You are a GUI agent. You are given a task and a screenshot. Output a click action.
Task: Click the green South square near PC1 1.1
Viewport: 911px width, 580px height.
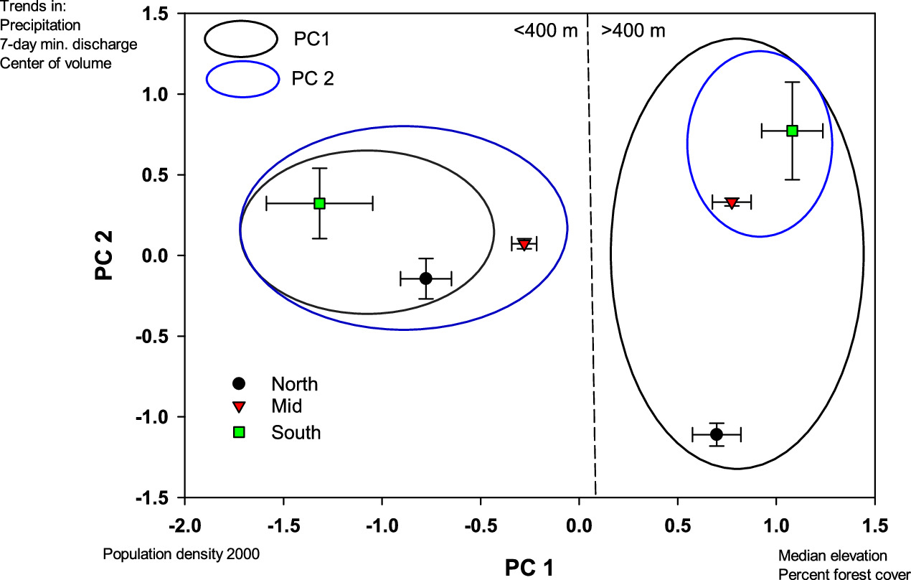coord(792,131)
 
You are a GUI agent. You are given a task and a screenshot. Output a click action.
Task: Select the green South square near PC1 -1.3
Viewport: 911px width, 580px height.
coord(319,203)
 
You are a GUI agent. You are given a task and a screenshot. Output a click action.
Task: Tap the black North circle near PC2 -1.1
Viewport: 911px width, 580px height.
coord(716,434)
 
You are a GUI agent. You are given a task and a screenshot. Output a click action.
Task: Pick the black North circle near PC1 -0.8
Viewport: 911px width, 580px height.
coord(425,278)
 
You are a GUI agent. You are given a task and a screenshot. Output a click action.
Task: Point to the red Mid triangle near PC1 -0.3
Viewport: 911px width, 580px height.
coord(524,243)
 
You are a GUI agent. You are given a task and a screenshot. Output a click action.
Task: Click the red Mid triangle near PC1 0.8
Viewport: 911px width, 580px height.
coord(731,202)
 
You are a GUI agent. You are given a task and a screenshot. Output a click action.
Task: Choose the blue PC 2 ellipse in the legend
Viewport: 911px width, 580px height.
coord(242,78)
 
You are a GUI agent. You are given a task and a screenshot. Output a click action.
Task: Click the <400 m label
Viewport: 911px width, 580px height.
coord(544,31)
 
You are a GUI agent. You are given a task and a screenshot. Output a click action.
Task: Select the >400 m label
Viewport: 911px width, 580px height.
coord(633,31)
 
